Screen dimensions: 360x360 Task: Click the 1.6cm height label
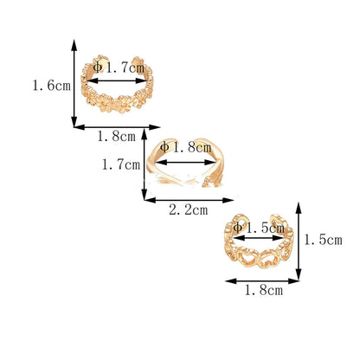click(x=51, y=86)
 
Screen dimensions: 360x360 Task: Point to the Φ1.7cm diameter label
click(x=119, y=67)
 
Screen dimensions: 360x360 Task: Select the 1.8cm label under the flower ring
click(x=116, y=136)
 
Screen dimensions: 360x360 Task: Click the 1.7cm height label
click(x=121, y=164)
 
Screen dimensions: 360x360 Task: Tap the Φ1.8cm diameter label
click(x=186, y=147)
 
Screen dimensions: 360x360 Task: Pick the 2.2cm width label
click(x=188, y=209)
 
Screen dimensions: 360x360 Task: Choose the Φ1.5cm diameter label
click(x=259, y=228)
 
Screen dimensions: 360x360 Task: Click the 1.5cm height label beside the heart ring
click(x=324, y=240)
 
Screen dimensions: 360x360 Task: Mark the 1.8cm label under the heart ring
click(x=264, y=290)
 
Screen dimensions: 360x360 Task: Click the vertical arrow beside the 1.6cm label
click(x=74, y=83)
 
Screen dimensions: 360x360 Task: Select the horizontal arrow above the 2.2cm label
click(x=189, y=200)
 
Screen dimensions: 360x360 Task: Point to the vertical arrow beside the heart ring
click(x=299, y=241)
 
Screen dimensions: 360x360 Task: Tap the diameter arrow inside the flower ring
click(x=117, y=81)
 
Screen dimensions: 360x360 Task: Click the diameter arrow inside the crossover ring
click(x=185, y=163)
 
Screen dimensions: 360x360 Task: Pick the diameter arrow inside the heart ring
click(x=259, y=238)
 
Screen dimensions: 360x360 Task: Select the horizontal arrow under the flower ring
click(x=117, y=127)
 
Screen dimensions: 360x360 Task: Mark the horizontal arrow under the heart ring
click(x=262, y=281)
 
